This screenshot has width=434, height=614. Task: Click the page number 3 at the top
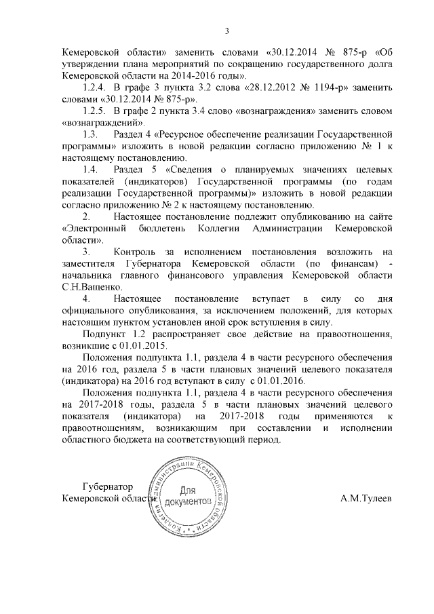coord(226,30)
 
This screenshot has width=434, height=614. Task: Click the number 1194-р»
coord(320,88)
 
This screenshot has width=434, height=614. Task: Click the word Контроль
coord(139,252)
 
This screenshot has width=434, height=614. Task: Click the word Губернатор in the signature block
coord(106,486)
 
